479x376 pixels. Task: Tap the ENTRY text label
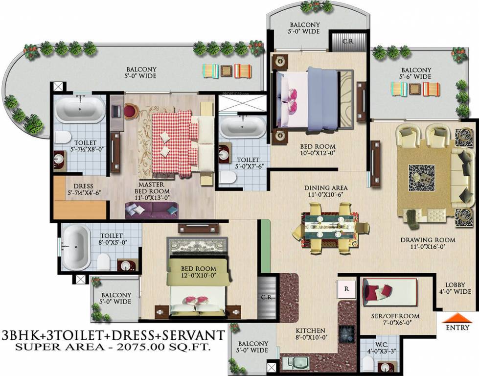[x=458, y=328]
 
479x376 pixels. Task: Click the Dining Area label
[x=326, y=191]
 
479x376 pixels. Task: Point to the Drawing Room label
[x=428, y=244]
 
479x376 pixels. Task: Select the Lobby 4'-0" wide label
[x=458, y=289]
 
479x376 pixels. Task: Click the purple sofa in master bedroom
[x=152, y=210]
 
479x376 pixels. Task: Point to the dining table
[x=330, y=229]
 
